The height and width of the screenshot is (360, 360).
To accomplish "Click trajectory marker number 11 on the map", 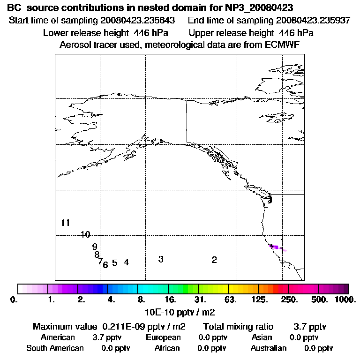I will click(65, 223).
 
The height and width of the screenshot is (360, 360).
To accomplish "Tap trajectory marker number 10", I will click(85, 235).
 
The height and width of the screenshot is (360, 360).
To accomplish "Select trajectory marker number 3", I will click(161, 259).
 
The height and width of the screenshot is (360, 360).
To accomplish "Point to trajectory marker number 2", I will click(214, 260).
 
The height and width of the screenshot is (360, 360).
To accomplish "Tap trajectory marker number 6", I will click(105, 265).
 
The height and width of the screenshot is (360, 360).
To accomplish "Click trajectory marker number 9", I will click(95, 247).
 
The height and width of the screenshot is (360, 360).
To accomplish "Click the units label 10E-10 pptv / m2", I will click(180, 311).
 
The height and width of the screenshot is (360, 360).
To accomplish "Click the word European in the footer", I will click(163, 337).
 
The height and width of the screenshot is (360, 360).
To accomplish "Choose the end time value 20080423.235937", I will click(313, 21).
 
